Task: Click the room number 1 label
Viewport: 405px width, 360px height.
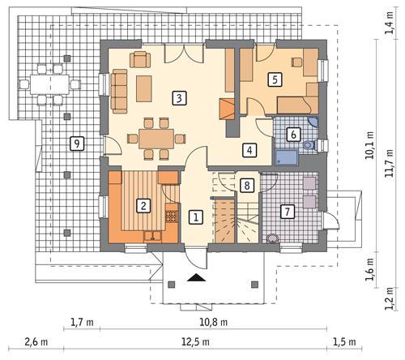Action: [x=195, y=216]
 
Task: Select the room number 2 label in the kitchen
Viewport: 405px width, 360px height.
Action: [x=143, y=205]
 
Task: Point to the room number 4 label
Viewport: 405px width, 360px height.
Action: [x=249, y=150]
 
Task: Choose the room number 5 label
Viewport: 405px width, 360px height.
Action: [x=275, y=79]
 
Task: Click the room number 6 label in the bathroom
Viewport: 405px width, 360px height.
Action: [x=293, y=135]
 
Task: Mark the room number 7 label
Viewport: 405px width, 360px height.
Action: [x=286, y=212]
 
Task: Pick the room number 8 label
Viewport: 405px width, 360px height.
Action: [x=246, y=186]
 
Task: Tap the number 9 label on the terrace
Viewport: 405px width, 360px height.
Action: [x=76, y=144]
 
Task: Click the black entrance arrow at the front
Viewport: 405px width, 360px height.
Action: [x=195, y=278]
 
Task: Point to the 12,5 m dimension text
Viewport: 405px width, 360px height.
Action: [x=213, y=341]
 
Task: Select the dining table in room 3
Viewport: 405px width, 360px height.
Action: [x=156, y=135]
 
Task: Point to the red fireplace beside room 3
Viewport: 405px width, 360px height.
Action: [x=228, y=109]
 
